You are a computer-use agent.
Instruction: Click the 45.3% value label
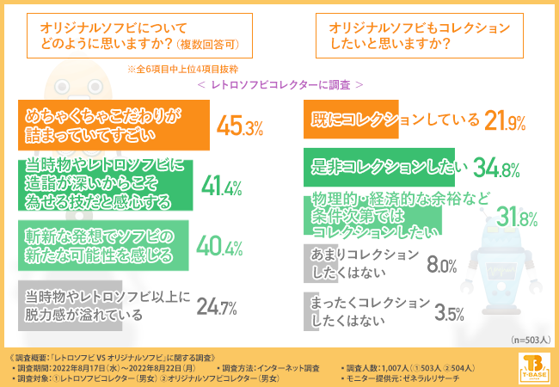pyautogui.click(x=240, y=127)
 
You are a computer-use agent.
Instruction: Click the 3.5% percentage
pyautogui.click(x=439, y=311)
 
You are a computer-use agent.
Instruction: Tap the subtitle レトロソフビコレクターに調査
pyautogui.click(x=279, y=85)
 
